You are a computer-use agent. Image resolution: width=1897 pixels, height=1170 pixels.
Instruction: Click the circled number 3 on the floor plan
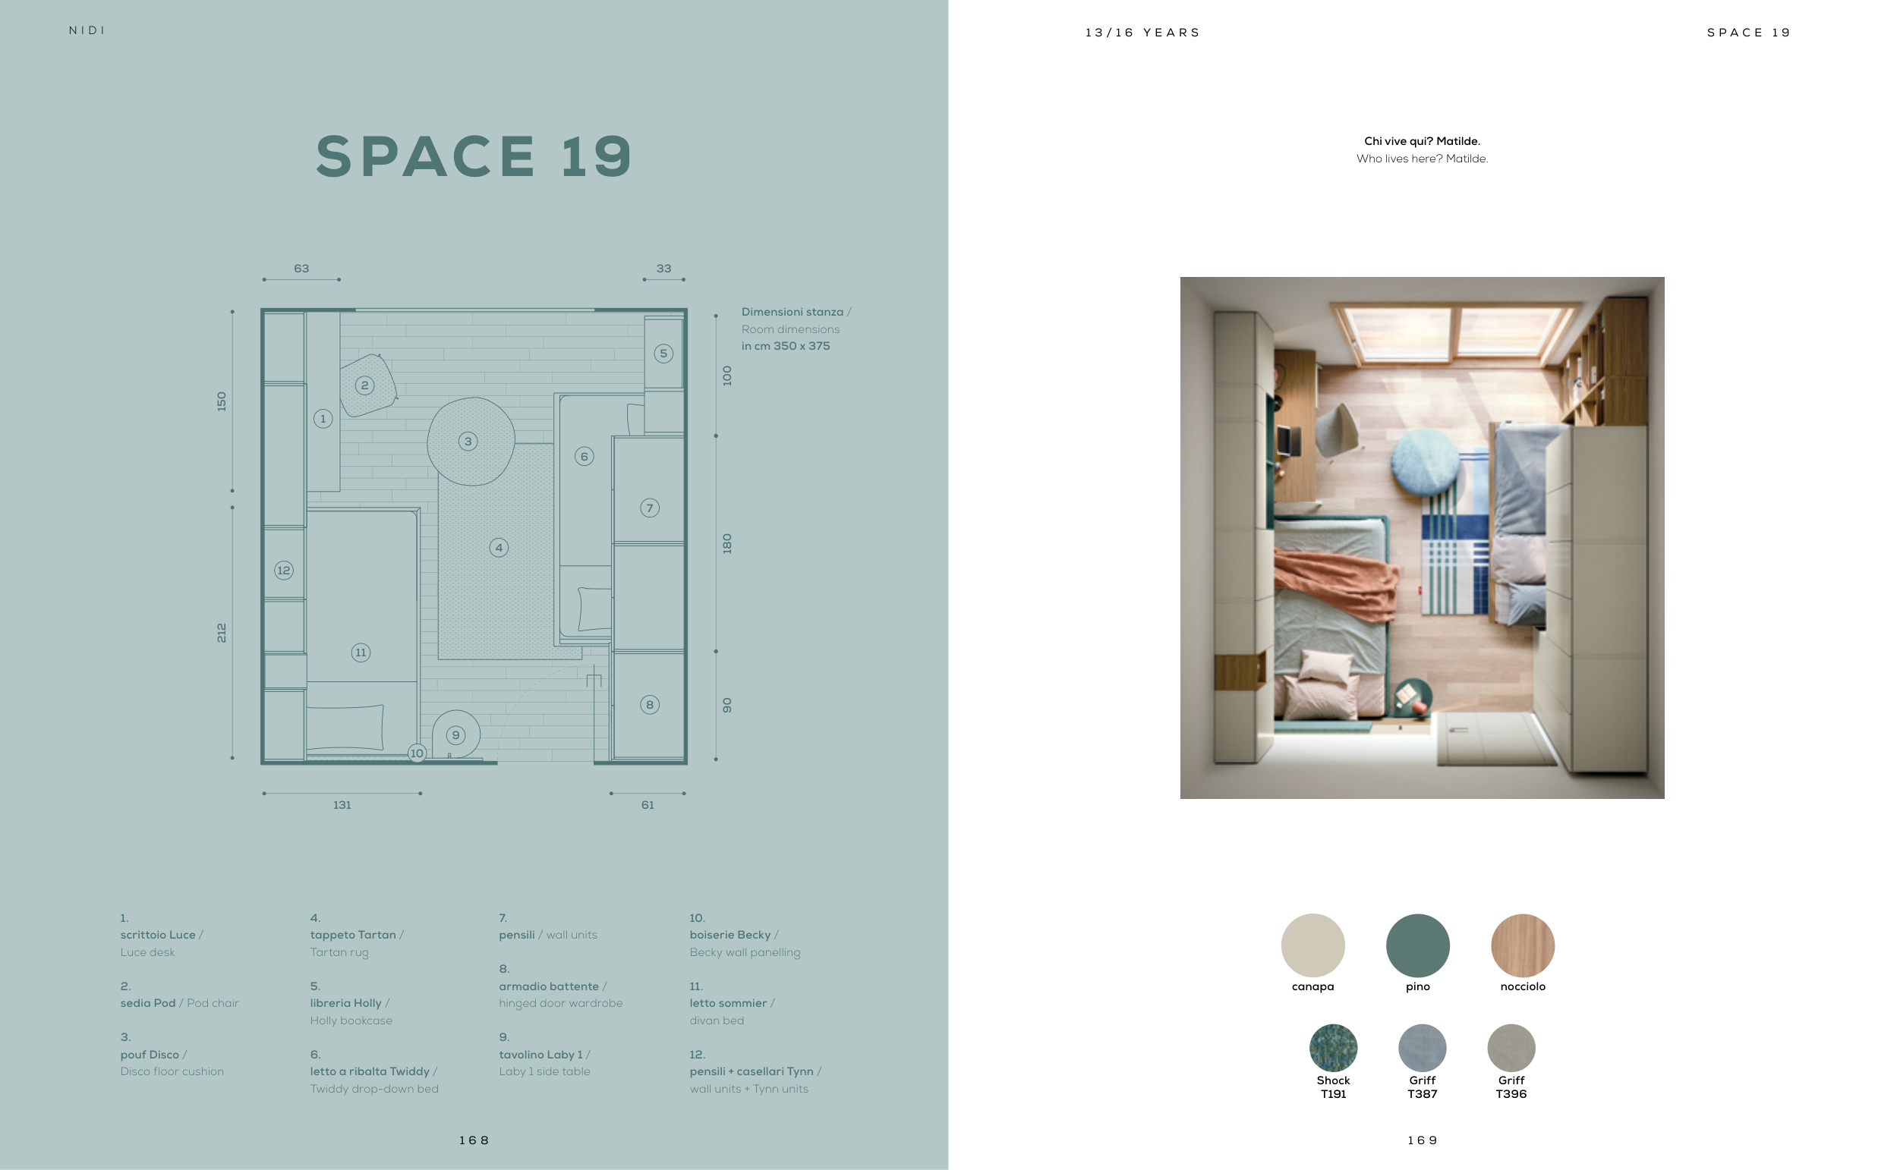tap(468, 442)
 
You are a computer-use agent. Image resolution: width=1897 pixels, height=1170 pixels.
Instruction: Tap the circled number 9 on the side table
tap(456, 735)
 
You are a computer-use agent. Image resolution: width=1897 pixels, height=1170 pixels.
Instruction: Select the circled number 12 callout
tap(284, 571)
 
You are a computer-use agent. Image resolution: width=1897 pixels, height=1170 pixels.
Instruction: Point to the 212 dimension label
tap(222, 632)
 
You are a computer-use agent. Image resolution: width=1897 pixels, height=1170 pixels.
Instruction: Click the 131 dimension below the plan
tap(342, 805)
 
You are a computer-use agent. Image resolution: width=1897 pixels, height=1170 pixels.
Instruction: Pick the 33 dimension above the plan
tap(664, 269)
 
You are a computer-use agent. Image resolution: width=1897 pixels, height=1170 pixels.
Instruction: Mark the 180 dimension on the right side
tap(726, 543)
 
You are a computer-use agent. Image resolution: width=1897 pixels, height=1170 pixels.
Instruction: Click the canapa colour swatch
tap(1312, 945)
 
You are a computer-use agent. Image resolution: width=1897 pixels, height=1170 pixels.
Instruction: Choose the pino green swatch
tap(1418, 945)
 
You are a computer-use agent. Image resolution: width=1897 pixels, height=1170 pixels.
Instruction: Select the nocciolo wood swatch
tap(1523, 945)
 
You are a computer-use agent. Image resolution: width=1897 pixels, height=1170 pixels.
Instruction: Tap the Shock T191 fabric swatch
tap(1333, 1048)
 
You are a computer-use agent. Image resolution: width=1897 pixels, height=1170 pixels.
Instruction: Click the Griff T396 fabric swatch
tap(1511, 1048)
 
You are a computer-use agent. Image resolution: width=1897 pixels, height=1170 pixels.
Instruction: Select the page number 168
tap(474, 1140)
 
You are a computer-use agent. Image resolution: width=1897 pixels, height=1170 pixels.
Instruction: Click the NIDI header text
tap(87, 30)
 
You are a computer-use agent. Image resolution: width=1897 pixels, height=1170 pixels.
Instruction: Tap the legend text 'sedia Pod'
tap(148, 1003)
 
